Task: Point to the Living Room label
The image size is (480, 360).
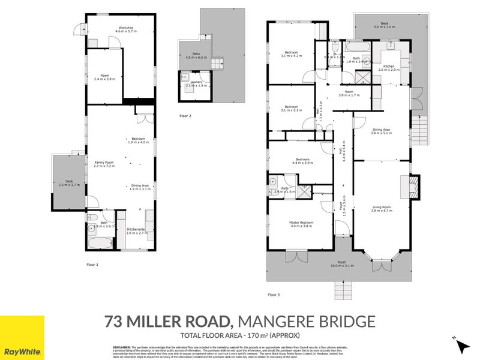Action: (x=381, y=208)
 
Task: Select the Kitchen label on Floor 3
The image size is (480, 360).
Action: (x=389, y=68)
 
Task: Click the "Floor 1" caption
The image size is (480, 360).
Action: (x=92, y=265)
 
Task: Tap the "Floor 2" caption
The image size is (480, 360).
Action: (x=185, y=115)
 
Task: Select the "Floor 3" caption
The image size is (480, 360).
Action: (x=274, y=295)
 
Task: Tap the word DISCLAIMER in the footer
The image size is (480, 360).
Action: (x=121, y=347)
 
